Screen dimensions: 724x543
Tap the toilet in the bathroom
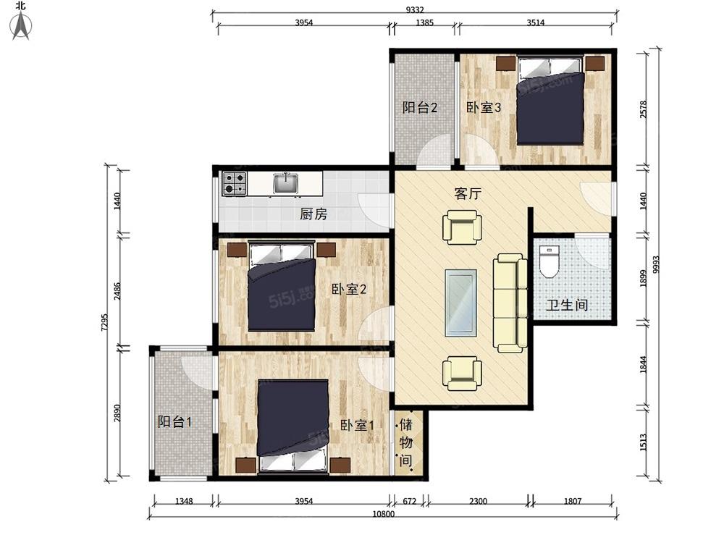550,262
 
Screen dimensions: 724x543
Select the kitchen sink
286,183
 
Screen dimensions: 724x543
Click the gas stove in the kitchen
235,183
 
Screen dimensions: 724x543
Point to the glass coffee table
460,303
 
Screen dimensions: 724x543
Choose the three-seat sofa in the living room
510,303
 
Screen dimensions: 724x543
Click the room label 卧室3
484,108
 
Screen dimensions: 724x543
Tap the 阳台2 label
420,108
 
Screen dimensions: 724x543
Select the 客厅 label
467,193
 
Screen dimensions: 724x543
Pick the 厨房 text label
313,214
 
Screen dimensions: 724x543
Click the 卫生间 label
567,305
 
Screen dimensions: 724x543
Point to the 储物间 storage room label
406,442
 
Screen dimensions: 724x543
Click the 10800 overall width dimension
383,513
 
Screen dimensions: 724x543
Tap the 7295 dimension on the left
104,322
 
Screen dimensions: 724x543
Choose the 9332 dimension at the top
415,9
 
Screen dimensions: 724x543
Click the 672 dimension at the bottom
410,501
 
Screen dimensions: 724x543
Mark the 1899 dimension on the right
644,279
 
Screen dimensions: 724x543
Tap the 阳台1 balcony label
174,421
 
